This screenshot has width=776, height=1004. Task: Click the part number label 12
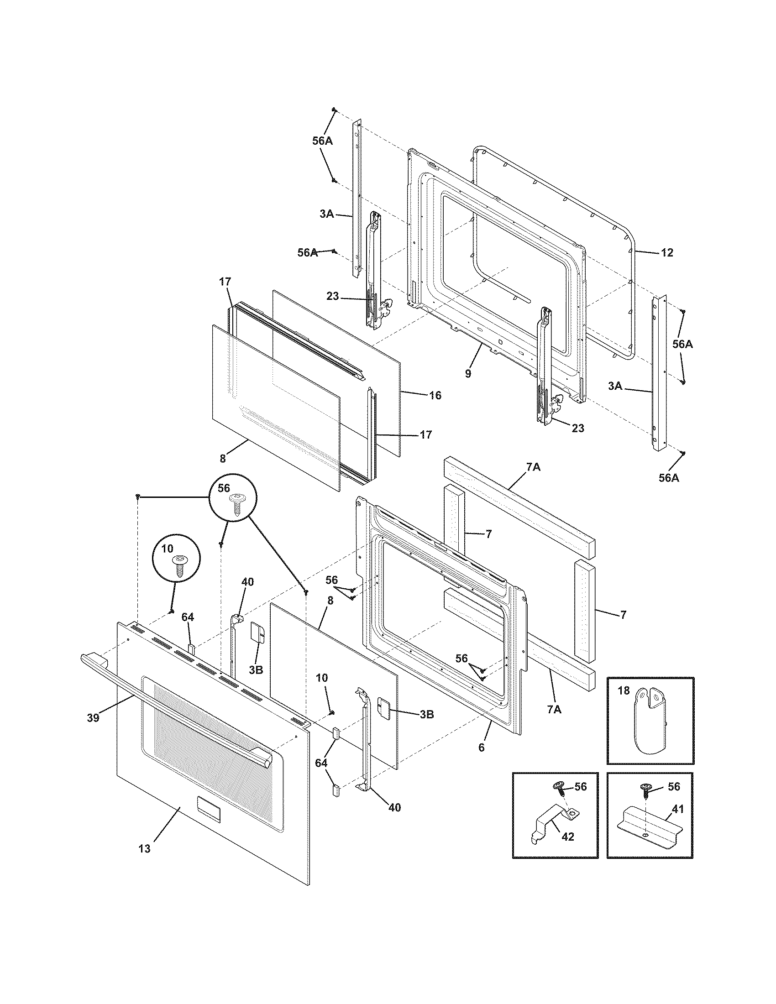pyautogui.click(x=667, y=252)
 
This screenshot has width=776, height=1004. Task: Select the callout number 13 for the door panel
pyautogui.click(x=144, y=849)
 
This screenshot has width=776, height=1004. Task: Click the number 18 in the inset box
pyautogui.click(x=623, y=690)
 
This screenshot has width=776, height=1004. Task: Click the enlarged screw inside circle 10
pyautogui.click(x=179, y=566)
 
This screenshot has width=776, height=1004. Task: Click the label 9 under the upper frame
pyautogui.click(x=467, y=374)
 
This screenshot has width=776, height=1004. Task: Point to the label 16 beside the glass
pyautogui.click(x=435, y=395)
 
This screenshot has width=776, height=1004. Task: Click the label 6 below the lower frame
pyautogui.click(x=481, y=748)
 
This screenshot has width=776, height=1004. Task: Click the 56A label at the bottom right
pyautogui.click(x=668, y=478)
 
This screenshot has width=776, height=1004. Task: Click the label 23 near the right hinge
pyautogui.click(x=578, y=428)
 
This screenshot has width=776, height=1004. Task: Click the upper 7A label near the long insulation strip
pyautogui.click(x=533, y=467)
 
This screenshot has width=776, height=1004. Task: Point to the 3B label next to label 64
pyautogui.click(x=256, y=670)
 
